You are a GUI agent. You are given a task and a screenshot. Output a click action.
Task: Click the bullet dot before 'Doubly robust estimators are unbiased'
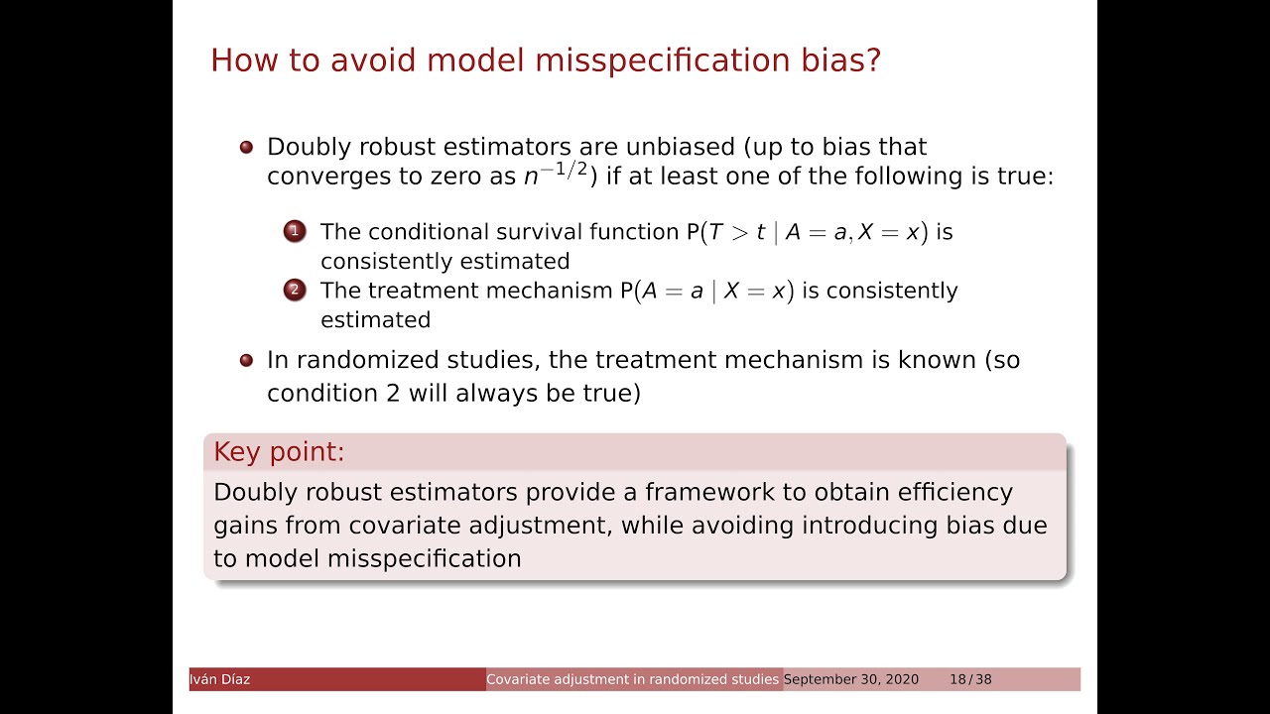(247, 148)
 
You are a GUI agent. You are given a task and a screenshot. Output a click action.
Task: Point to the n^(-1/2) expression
(556, 175)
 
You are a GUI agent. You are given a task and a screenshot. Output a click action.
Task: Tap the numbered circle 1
(295, 231)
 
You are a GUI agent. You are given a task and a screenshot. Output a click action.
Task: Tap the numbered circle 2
(295, 290)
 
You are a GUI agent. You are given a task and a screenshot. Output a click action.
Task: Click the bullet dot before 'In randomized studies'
(247, 360)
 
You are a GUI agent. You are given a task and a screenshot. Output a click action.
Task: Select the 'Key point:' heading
(279, 452)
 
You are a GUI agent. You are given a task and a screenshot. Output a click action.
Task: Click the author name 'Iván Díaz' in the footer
(220, 679)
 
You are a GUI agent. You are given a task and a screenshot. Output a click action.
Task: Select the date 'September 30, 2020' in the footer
(851, 679)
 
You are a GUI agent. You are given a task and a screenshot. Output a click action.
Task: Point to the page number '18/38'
(970, 679)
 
